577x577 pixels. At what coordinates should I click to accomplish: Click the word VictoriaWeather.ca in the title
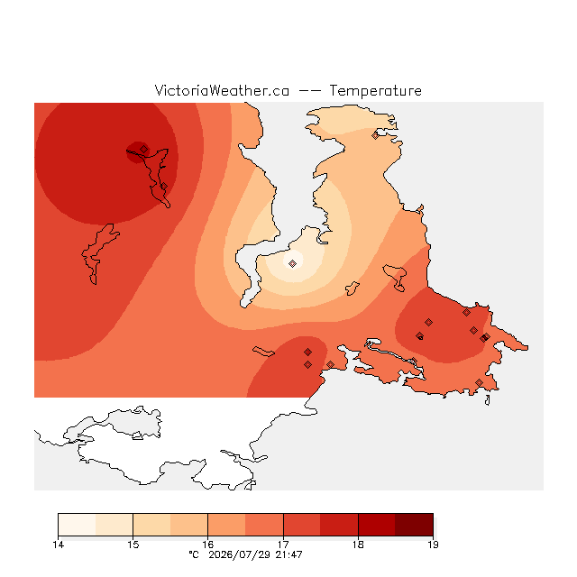tap(222, 90)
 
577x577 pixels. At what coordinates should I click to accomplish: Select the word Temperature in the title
tap(375, 90)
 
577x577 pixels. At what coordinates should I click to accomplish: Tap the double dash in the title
tap(309, 91)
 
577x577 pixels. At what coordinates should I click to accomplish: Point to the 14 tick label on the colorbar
tap(58, 545)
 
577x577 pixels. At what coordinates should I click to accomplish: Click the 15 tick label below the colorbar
tap(133, 545)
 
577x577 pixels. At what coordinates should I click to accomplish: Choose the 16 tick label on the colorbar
tap(208, 545)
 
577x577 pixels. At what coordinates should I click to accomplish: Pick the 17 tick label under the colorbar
tap(283, 545)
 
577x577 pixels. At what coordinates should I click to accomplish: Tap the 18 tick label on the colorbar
tap(358, 545)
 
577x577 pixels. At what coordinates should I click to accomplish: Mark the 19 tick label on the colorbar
tap(433, 545)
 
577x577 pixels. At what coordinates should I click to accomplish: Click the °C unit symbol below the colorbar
tap(194, 554)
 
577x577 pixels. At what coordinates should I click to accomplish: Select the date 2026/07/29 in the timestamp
tap(239, 554)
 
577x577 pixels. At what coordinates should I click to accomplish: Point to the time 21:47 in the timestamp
tap(288, 554)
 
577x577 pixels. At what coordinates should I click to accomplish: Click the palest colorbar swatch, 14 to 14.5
tap(77, 525)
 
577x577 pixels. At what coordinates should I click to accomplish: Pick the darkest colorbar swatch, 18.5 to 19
tap(414, 525)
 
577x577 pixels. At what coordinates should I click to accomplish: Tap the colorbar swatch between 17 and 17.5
tap(302, 525)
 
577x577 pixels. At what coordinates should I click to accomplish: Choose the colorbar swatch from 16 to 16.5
tap(226, 525)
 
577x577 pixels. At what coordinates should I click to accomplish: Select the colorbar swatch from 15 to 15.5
tap(151, 525)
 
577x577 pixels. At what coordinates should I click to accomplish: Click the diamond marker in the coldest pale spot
tap(292, 263)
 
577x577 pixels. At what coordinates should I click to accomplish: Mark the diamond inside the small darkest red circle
tap(144, 149)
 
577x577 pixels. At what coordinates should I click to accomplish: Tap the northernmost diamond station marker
tap(375, 135)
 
